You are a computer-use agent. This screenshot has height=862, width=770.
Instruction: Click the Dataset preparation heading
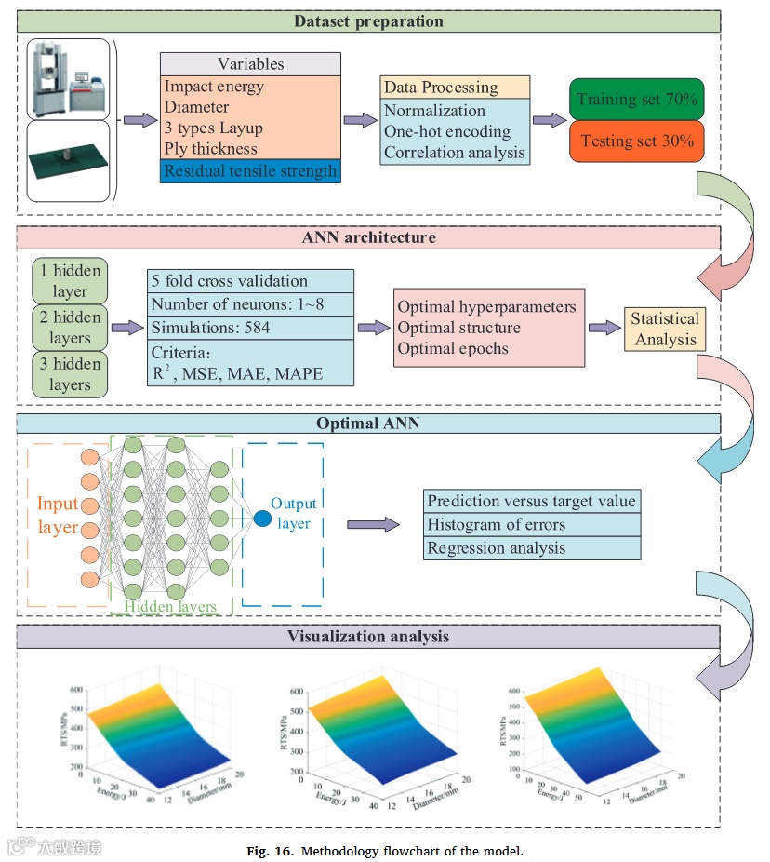368,20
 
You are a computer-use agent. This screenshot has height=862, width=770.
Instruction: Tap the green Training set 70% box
637,99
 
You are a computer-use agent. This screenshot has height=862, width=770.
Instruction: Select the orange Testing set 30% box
637,141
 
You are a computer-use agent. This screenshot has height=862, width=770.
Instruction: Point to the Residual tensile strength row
250,170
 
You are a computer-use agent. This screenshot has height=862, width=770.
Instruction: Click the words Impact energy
214,87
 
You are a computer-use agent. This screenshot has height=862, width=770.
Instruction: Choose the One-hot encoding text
447,131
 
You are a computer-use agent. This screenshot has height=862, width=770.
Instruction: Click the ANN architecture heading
368,237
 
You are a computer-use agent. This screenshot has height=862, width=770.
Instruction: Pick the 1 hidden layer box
71,280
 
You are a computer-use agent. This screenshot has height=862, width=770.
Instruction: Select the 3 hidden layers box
71,374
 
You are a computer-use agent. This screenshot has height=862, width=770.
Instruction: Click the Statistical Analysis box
665,329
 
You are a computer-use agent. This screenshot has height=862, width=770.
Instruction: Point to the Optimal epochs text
453,350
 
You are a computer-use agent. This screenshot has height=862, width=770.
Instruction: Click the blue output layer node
262,518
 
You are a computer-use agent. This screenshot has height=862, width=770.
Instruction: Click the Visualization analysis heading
368,637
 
